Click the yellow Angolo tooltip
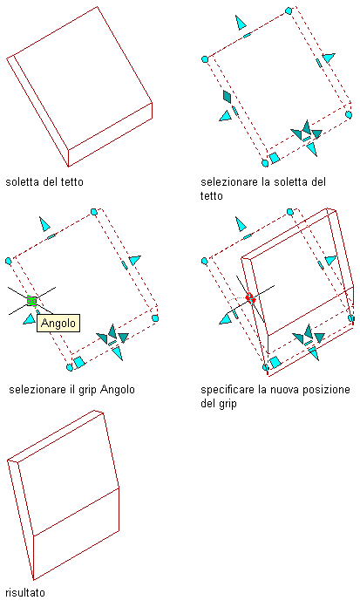[x=58, y=323]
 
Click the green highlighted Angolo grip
[x=31, y=300]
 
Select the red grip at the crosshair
[x=251, y=298]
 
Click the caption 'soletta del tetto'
[x=44, y=182]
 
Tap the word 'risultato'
[x=25, y=593]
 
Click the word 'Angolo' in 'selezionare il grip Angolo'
[x=118, y=390]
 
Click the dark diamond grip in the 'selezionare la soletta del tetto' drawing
[x=228, y=97]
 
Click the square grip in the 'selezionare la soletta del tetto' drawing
[x=275, y=158]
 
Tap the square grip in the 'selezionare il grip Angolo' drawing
[x=79, y=362]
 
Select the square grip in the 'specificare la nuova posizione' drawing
[x=275, y=362]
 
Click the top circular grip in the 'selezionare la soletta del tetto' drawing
[x=289, y=10]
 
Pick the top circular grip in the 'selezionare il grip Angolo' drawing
[x=93, y=212]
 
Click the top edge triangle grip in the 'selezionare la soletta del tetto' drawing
[x=241, y=23]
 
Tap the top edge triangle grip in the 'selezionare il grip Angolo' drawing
[x=44, y=224]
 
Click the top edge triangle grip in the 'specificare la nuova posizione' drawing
[x=241, y=224]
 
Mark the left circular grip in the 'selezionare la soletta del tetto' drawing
[x=205, y=59]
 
